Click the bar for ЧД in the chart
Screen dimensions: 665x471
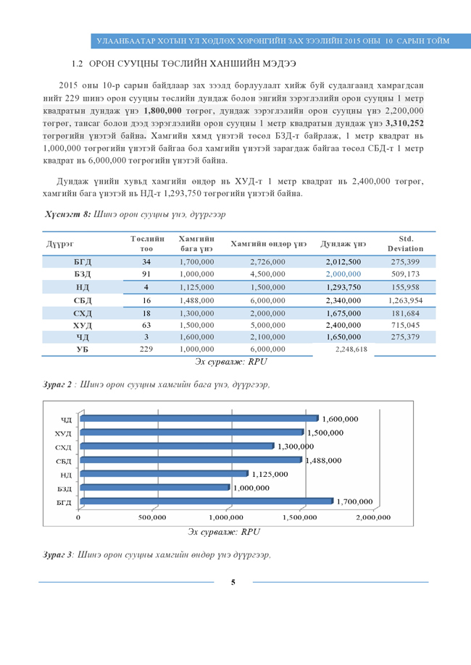click(199, 418)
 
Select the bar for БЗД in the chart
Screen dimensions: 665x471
click(155, 488)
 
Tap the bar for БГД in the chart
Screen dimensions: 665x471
click(207, 501)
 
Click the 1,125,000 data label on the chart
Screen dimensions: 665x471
click(271, 474)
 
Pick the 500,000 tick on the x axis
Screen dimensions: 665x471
click(152, 517)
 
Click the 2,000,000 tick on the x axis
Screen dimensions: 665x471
click(373, 517)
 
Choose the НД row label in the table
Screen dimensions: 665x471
click(83, 287)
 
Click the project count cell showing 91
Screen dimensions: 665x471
click(146, 274)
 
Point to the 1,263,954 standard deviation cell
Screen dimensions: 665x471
click(405, 300)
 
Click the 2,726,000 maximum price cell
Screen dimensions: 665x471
click(267, 261)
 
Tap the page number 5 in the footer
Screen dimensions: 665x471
click(233, 583)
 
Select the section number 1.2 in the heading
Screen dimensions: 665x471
click(79, 65)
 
